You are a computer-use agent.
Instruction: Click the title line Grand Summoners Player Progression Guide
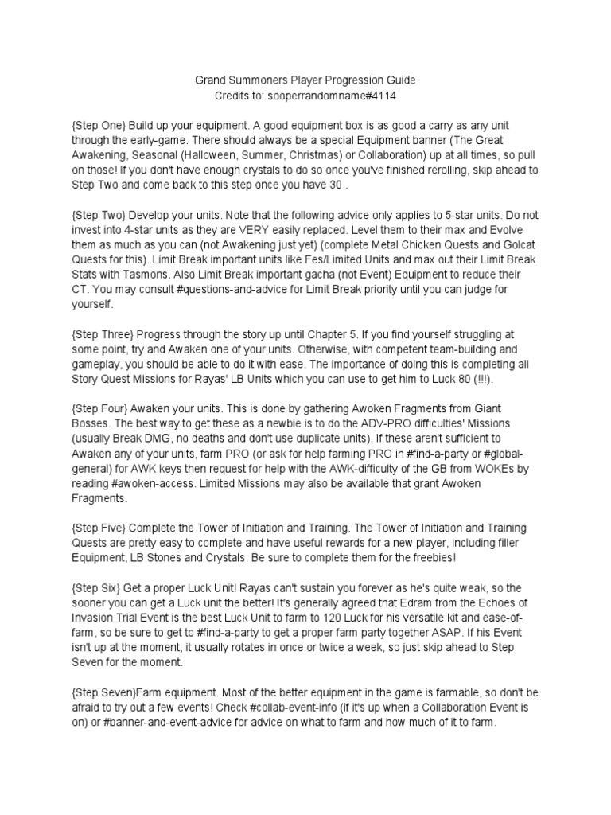tap(305, 80)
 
